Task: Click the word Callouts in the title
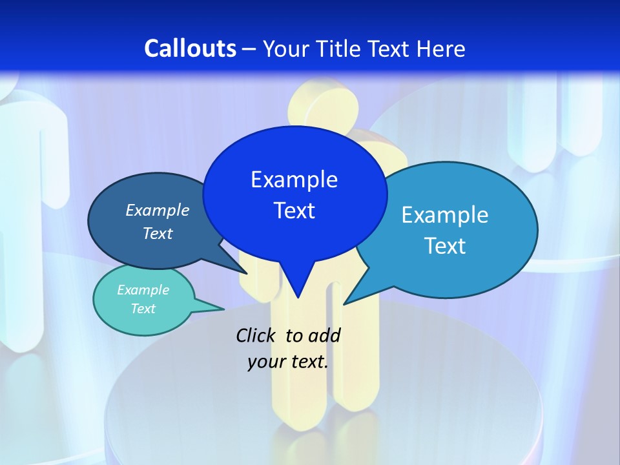coord(190,48)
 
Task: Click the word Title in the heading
coord(340,48)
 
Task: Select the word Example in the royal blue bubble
coord(294,180)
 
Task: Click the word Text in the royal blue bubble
coord(294,211)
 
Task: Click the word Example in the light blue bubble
coord(445,215)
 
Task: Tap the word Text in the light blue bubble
coord(445,246)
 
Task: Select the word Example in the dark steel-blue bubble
coord(158,211)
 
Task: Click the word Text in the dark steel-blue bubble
coord(158,234)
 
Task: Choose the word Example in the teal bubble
coord(143,290)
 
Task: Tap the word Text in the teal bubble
coord(143,309)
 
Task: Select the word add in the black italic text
coord(325,335)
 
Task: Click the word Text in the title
coord(391,48)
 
